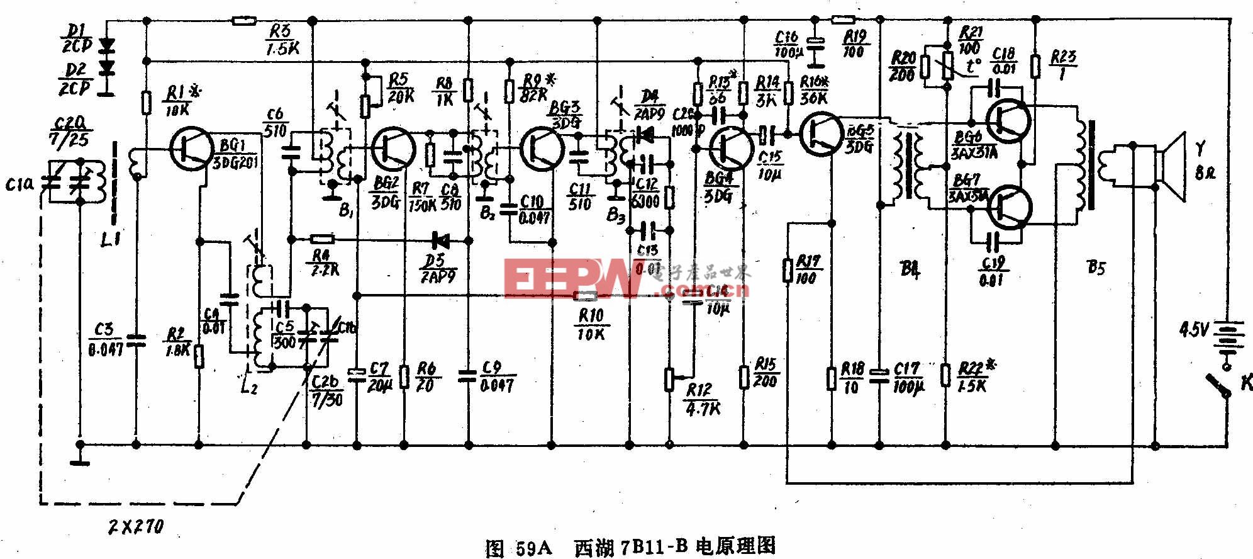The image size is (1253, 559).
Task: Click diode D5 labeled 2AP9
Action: (441, 239)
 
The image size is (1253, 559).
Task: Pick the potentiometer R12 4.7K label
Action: (703, 400)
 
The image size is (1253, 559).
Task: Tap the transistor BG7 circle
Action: (1010, 208)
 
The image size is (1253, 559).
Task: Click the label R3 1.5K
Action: (281, 39)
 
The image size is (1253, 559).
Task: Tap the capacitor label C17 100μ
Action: (908, 377)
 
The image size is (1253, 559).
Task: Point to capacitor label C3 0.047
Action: (104, 339)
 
